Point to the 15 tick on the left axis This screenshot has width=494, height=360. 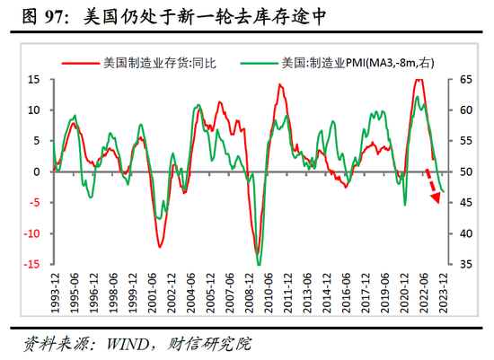(35, 79)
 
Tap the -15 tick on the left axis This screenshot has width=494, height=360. (31, 265)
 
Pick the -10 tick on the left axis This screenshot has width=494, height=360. (31, 233)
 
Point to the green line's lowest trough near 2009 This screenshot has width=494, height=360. (260, 265)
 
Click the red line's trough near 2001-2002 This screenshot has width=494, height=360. (159, 246)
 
